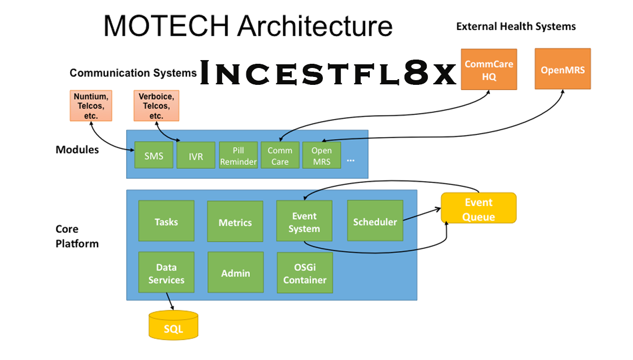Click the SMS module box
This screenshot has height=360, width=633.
(x=154, y=155)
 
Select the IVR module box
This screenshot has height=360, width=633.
(x=196, y=155)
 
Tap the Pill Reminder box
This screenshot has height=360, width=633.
(x=238, y=155)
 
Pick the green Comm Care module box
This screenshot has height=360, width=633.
(x=280, y=155)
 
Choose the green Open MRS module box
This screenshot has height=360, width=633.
(x=321, y=155)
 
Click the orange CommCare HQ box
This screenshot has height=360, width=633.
(x=488, y=70)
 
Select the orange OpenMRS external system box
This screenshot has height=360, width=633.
(x=563, y=69)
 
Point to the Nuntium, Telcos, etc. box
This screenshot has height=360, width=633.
(x=92, y=105)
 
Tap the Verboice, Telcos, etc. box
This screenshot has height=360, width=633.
(x=156, y=105)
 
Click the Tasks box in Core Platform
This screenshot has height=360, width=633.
(x=166, y=221)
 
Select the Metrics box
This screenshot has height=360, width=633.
(x=235, y=221)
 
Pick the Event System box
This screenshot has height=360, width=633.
(x=304, y=221)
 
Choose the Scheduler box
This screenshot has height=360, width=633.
(x=375, y=221)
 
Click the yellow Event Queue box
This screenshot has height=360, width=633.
(x=478, y=209)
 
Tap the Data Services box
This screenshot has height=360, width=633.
(x=166, y=273)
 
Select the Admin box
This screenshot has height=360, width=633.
(x=235, y=273)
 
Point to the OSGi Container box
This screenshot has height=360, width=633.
(x=305, y=273)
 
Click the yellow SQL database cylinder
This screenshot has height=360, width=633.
(x=174, y=325)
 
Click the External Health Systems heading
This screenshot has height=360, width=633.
(x=516, y=26)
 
